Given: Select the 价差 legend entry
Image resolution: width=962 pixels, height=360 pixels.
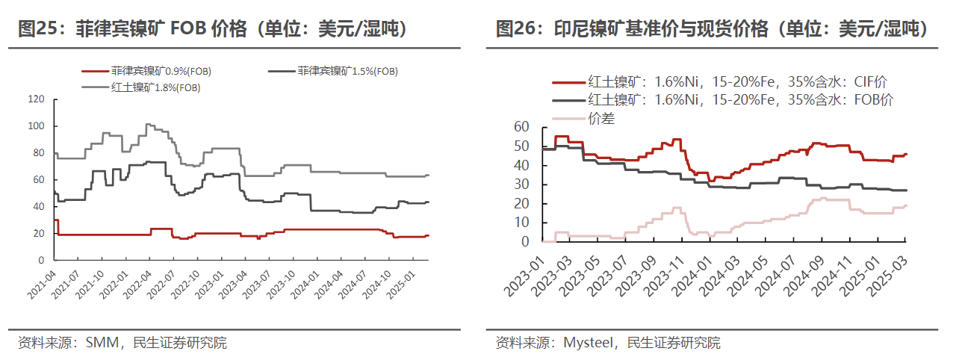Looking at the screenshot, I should [x=601, y=117].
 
